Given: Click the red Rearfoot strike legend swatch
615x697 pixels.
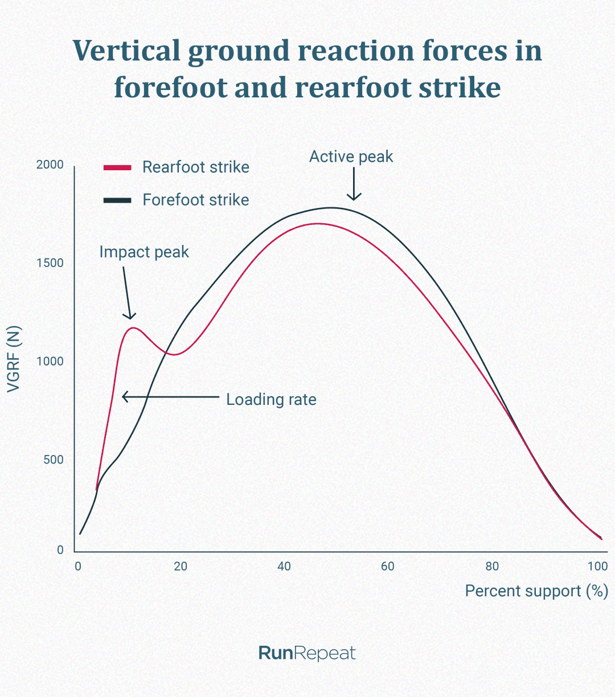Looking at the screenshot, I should click(117, 167).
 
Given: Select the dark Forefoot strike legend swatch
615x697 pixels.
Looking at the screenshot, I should click(117, 200).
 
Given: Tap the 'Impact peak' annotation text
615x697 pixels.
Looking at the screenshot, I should click(144, 252).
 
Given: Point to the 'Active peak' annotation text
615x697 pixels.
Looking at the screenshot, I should click(351, 157).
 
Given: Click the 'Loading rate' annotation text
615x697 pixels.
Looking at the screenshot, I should click(271, 400).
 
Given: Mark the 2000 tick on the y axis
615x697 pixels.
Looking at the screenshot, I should click(50, 165).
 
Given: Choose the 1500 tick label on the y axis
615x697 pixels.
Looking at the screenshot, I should click(50, 263).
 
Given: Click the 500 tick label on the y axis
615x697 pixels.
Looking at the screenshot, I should click(54, 460).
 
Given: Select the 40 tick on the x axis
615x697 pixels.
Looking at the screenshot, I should click(284, 567).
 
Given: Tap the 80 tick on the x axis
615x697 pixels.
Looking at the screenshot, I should click(492, 567).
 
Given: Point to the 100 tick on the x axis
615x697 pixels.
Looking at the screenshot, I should click(597, 567).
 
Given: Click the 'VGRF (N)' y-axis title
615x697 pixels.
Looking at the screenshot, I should click(14, 359).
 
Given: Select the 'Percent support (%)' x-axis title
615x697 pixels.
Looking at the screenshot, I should click(536, 591).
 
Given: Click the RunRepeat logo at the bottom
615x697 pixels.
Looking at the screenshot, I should click(307, 653).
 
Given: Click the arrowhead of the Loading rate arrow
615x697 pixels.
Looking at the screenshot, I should click(125, 396).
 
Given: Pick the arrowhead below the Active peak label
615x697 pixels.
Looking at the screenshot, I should click(354, 198).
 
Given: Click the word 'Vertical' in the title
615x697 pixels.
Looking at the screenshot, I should click(126, 51).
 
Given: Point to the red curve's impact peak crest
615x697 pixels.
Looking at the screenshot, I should click(133, 327).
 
